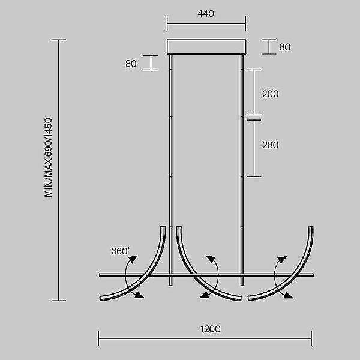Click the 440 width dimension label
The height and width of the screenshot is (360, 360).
[x=206, y=14]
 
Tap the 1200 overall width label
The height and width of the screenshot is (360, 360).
[x=211, y=329]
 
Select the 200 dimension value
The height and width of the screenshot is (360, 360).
[x=270, y=94]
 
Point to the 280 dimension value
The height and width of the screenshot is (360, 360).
[x=270, y=145]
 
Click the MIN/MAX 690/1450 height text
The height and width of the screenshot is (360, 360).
[x=49, y=157]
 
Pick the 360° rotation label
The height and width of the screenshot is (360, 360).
[x=120, y=251]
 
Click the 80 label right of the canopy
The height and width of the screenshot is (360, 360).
[x=284, y=47]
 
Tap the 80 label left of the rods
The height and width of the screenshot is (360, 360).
[x=131, y=64]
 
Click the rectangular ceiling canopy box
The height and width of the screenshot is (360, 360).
[x=206, y=47]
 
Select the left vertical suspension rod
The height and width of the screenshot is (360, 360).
[x=170, y=170]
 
